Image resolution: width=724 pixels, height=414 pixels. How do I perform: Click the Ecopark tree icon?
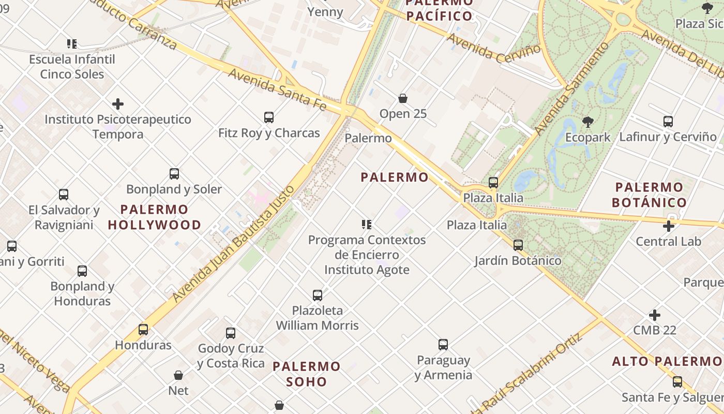[587, 122]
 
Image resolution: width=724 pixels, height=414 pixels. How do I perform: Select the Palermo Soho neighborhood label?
[307, 374]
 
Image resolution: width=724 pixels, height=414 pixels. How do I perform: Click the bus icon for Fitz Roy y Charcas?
[269, 117]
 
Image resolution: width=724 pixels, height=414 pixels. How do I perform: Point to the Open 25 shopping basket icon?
[403, 98]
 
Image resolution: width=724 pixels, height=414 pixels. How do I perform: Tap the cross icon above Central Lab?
[668, 226]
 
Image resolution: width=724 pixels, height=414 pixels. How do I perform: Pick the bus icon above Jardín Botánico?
[518, 245]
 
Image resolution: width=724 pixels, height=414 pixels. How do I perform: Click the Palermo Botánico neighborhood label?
[649, 195]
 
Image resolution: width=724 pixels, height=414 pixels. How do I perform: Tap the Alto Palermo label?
[667, 361]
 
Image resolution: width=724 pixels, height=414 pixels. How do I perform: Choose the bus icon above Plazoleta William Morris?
[318, 295]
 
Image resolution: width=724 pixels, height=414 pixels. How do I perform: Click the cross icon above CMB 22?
[655, 315]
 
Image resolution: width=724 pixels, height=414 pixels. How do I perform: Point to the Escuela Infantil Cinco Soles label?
[72, 67]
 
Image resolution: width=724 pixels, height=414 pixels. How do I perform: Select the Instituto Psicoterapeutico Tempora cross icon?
[118, 104]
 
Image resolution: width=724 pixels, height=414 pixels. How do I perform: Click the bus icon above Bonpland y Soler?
[174, 174]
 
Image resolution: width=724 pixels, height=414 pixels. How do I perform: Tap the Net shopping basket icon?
[178, 375]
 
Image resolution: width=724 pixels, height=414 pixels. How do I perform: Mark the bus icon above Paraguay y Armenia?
[443, 345]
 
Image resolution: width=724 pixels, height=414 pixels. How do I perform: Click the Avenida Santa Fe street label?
[277, 88]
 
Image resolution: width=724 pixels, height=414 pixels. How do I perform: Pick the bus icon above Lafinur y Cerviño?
[668, 122]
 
